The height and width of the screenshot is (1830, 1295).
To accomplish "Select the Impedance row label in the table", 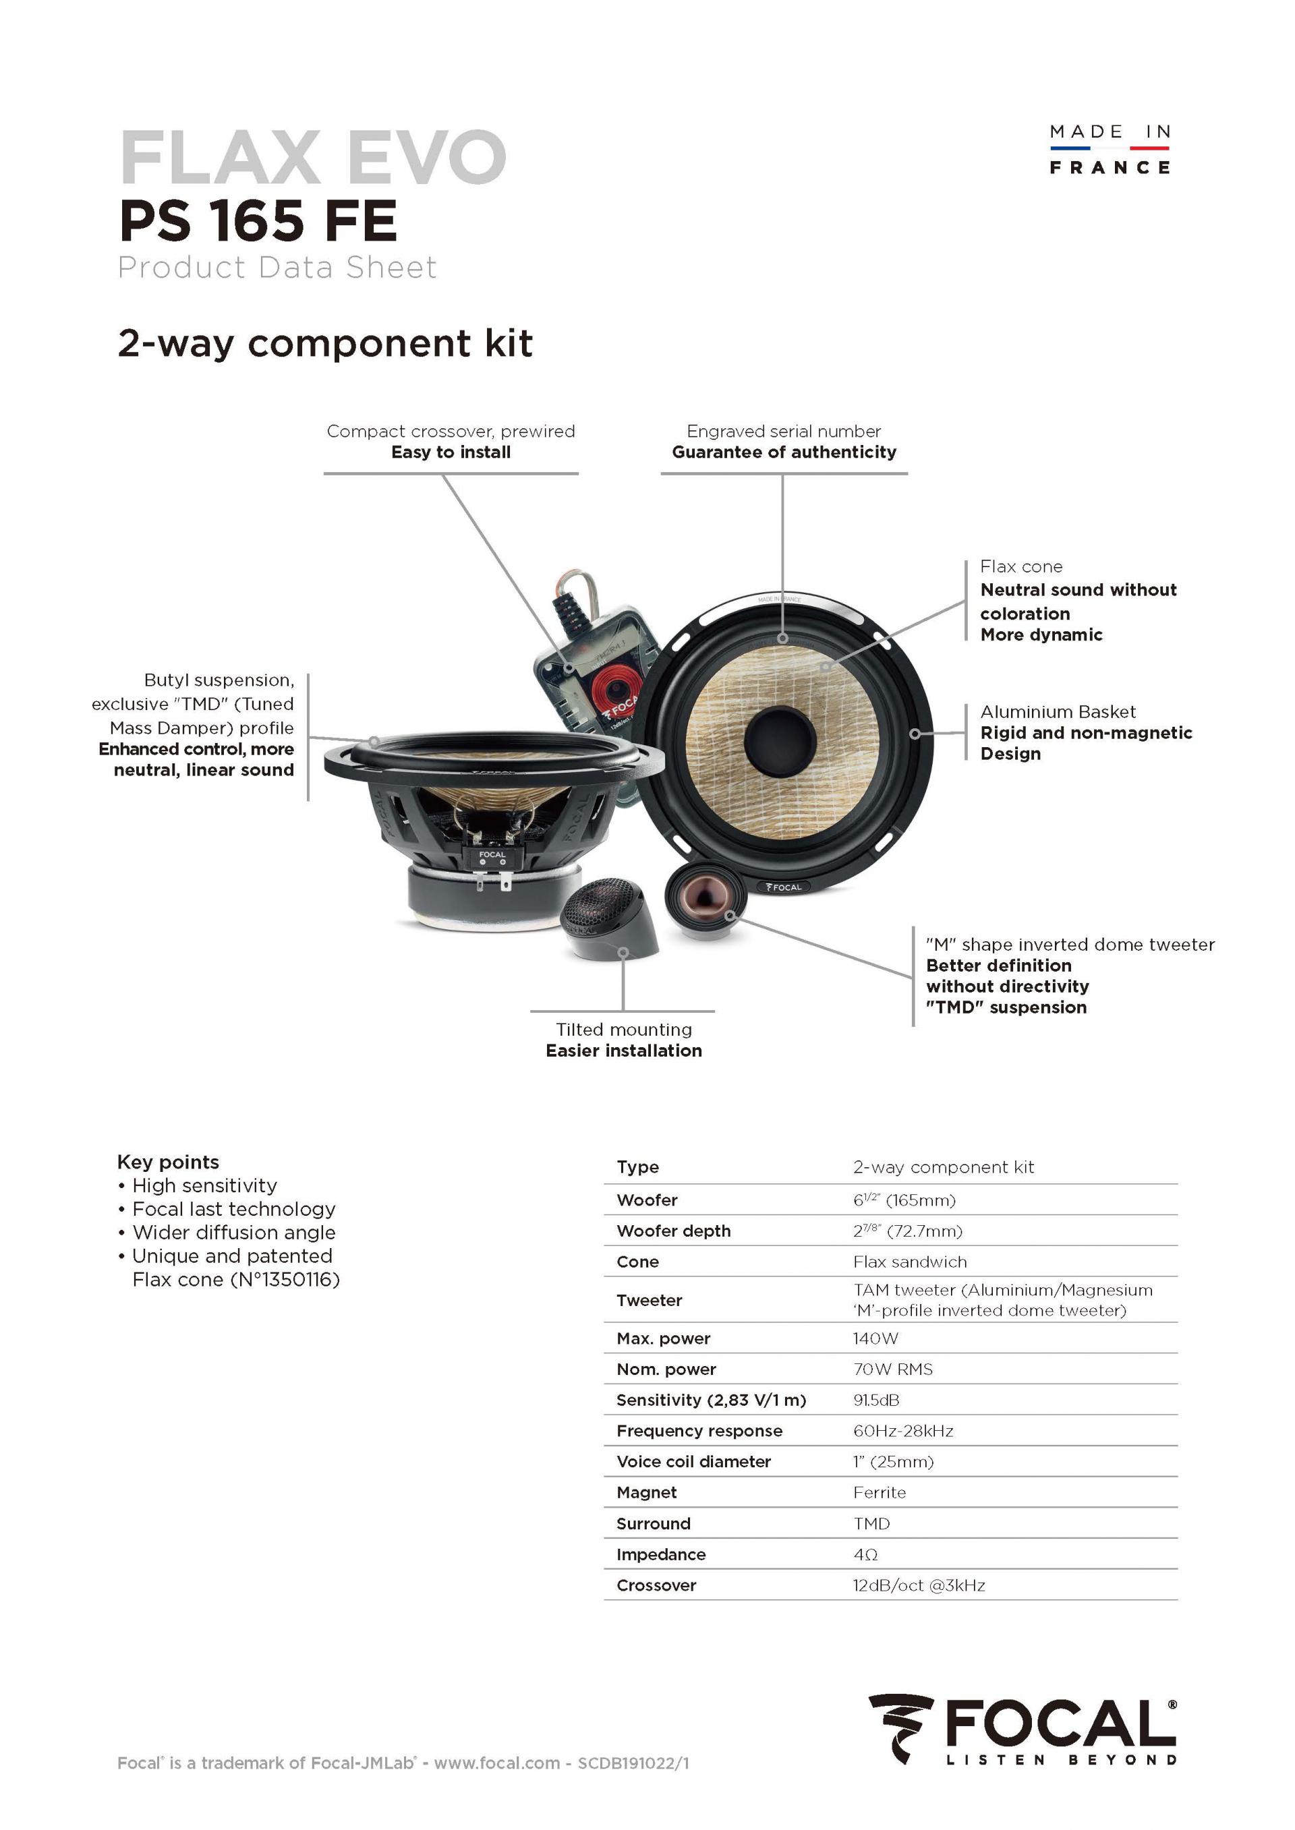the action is pyautogui.click(x=660, y=1554).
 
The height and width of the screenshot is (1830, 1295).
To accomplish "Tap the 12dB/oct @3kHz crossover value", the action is pyautogui.click(x=919, y=1585).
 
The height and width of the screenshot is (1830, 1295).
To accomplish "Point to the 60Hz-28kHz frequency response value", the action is pyautogui.click(x=902, y=1431).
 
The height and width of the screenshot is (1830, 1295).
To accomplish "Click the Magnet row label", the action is pyautogui.click(x=646, y=1492).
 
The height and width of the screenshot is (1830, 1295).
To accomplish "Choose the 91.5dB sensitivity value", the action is pyautogui.click(x=875, y=1400).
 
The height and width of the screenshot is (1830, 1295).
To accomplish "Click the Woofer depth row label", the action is pyautogui.click(x=673, y=1231).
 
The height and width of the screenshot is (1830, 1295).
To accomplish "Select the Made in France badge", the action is pyautogui.click(x=1110, y=149).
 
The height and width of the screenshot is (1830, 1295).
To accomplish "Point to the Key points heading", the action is pyautogui.click(x=167, y=1161).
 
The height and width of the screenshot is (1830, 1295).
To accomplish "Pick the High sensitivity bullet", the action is pyautogui.click(x=204, y=1185).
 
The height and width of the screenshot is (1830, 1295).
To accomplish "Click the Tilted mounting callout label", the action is pyautogui.click(x=624, y=1029).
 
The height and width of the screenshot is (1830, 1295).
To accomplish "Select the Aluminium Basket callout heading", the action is pyautogui.click(x=1058, y=712).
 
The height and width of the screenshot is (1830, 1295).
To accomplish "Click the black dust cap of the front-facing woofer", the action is pyautogui.click(x=779, y=739).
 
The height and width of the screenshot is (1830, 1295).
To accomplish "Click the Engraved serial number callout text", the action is pyautogui.click(x=783, y=431).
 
